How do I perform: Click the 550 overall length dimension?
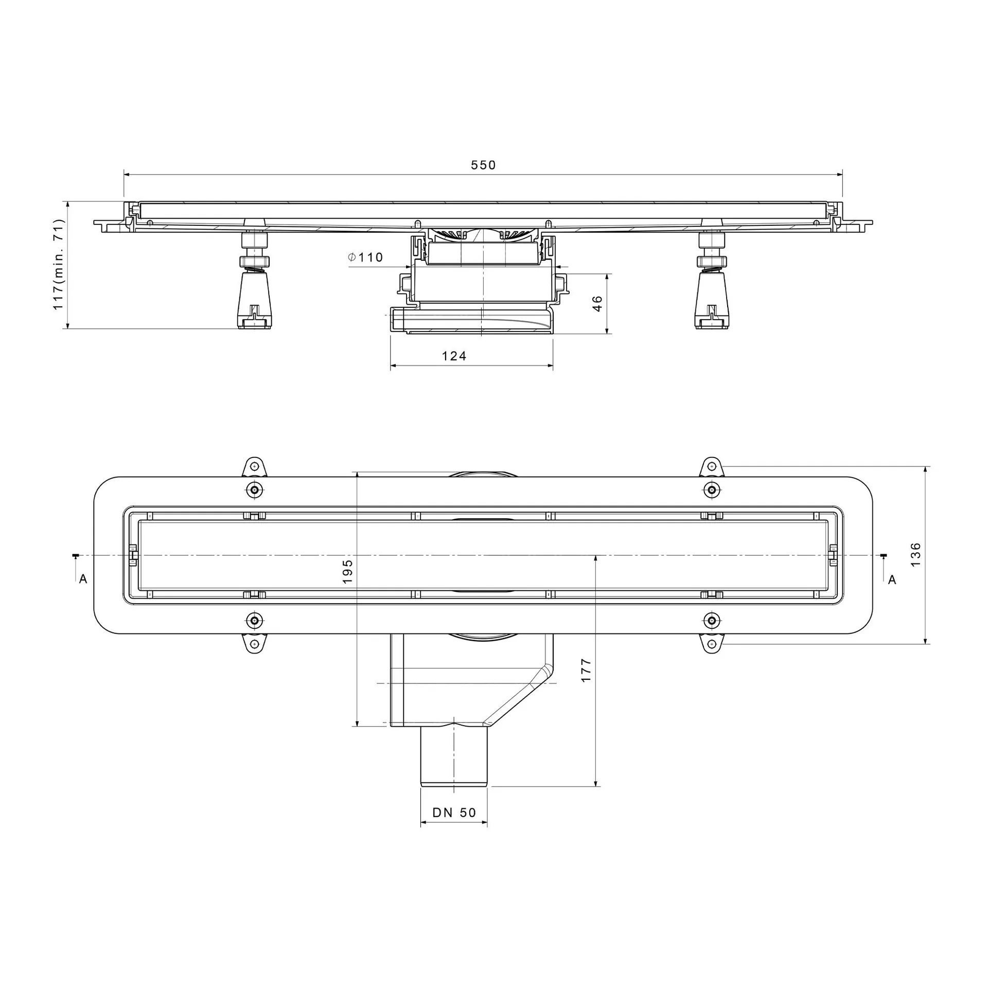coord(483,165)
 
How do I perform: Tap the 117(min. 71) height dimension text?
coord(59,264)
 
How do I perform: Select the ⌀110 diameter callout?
coord(365,257)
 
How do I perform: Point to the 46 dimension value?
coord(597,304)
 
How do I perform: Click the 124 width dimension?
coord(454,356)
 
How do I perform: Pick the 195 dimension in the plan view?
coord(348,571)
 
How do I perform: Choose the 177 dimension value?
coord(586,671)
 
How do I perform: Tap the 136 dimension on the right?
coord(915,555)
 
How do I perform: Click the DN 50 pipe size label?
coord(454,813)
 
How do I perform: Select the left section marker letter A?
coord(83,579)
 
